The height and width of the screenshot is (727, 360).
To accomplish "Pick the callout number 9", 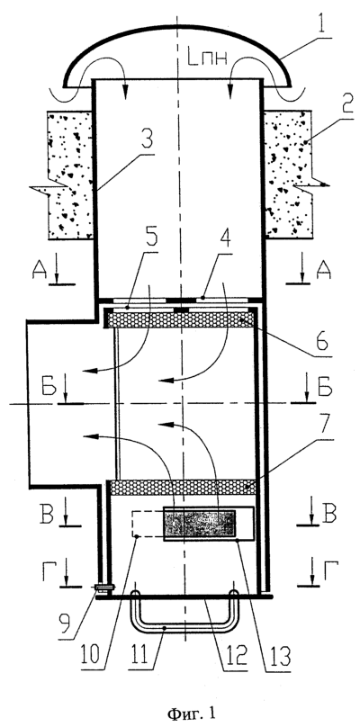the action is coord(67,623).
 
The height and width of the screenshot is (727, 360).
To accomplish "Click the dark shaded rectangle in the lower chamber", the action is coord(199,525).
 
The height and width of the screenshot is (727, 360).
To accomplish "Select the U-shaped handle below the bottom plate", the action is coord(184,629).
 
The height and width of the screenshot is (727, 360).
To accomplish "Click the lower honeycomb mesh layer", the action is coord(184,488).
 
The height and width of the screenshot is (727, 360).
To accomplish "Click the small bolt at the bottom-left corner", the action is coord(104,588).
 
